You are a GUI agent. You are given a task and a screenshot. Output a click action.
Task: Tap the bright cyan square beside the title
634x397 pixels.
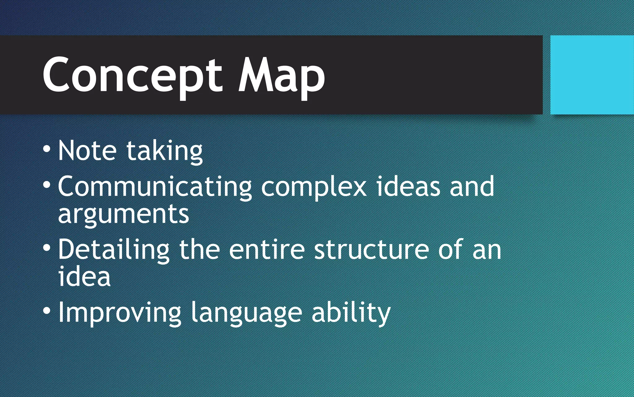coord(592,75)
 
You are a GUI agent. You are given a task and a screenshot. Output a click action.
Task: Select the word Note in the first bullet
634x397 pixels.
coord(87,151)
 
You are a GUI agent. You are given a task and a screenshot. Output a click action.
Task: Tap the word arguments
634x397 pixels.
coord(123,215)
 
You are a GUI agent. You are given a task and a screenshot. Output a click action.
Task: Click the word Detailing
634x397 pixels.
coord(114,250)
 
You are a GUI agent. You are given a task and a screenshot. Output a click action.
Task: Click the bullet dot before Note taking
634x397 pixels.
coord(47,149)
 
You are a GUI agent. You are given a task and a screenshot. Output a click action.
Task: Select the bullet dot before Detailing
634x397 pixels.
coord(47,248)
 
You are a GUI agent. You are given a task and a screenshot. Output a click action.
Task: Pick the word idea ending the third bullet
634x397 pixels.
coord(84,277)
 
